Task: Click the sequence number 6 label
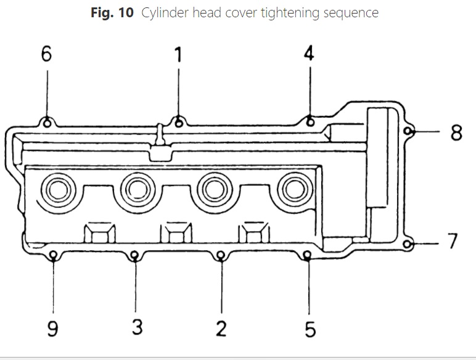point(47,54)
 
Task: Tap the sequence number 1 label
point(178,55)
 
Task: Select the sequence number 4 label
point(309,53)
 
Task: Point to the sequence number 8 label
point(456,132)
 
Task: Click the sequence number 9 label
point(53,329)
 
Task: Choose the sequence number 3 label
point(137,327)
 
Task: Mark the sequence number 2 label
point(221,329)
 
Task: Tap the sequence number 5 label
point(310,329)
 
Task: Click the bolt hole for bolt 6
point(47,122)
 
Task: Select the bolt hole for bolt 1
point(179,122)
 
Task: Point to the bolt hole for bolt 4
point(310,121)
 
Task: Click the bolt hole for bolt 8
point(408,131)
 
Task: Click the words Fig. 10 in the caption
point(112,13)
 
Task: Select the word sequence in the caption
point(346,14)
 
